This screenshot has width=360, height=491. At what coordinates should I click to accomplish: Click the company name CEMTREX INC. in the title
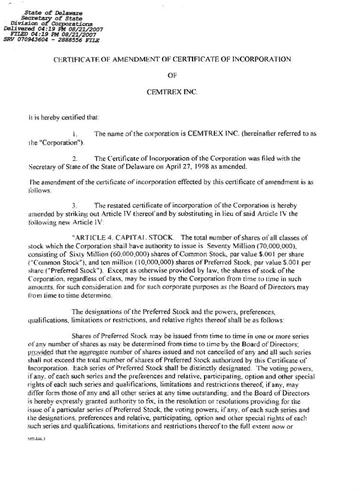tap(173, 91)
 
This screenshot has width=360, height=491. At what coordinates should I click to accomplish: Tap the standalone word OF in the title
tap(172, 75)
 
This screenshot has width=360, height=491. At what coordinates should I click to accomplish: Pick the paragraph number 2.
tap(75, 159)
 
